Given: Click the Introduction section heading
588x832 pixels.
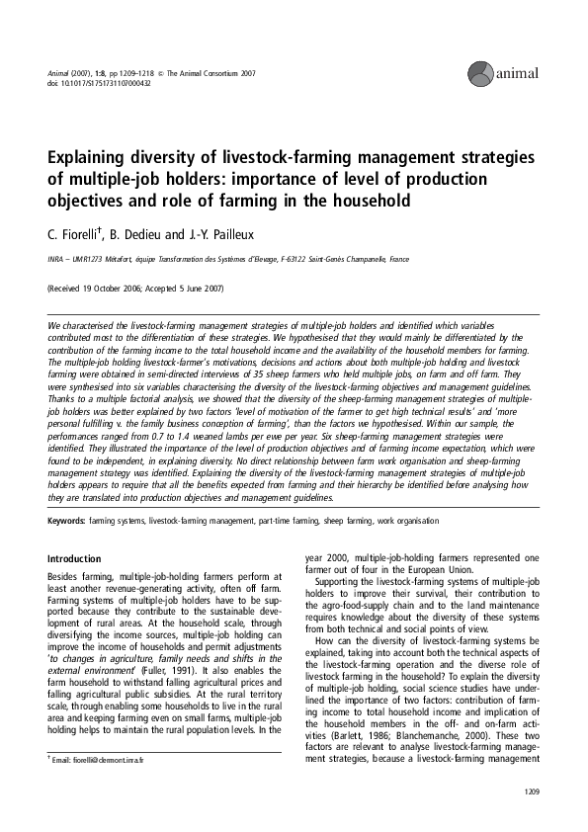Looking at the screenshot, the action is (x=74, y=558).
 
